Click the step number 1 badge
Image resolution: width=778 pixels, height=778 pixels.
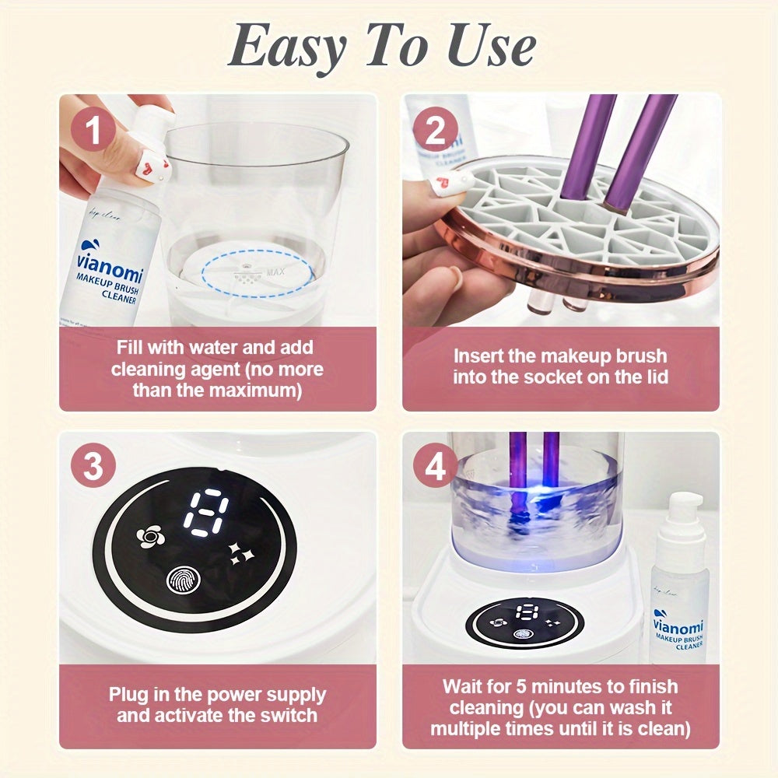93,131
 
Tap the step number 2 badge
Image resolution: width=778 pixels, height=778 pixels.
435,131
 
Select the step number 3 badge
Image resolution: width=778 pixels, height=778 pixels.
93,468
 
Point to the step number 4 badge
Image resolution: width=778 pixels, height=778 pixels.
435,468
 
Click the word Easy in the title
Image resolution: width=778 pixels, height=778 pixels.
286,47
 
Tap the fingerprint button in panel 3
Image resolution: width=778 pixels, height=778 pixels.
184,580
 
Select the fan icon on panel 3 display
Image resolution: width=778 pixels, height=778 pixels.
149,536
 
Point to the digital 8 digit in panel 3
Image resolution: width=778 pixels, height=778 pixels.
205,513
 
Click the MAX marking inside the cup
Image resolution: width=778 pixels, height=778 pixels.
275,273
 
